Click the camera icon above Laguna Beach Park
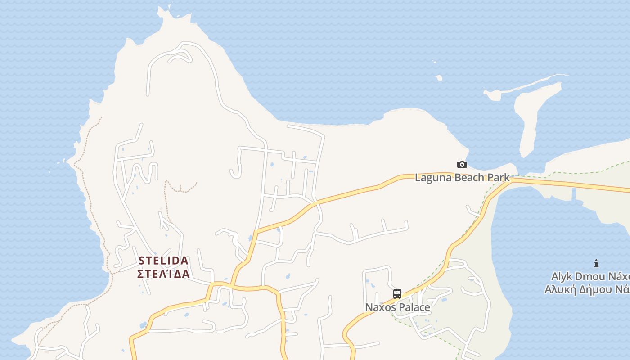[462, 165]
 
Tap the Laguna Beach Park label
[462, 177]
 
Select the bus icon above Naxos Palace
[397, 294]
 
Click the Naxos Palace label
[397, 307]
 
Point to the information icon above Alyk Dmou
[596, 263]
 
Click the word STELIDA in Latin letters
[163, 261]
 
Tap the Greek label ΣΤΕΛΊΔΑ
[163, 274]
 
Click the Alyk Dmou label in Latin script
[590, 276]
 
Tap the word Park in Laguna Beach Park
[499, 177]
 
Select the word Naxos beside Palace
[380, 307]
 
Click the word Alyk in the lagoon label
[562, 276]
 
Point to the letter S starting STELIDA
[141, 261]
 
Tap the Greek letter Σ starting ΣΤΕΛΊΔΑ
[140, 274]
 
